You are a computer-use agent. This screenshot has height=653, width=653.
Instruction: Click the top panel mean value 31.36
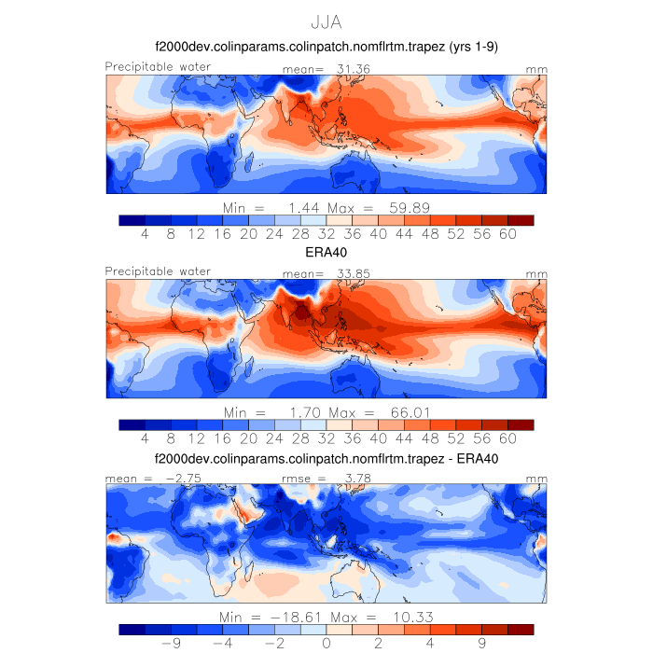click(x=345, y=69)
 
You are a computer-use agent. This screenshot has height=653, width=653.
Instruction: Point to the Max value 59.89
click(x=409, y=205)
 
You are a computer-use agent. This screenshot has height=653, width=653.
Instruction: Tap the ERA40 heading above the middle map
click(x=326, y=252)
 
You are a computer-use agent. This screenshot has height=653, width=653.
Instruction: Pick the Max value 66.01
click(x=409, y=410)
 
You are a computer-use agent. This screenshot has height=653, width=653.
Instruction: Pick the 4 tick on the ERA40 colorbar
click(x=146, y=438)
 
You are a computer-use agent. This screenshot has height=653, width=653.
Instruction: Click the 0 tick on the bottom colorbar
click(x=326, y=643)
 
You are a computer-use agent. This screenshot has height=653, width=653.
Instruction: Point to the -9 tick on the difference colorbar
click(x=171, y=643)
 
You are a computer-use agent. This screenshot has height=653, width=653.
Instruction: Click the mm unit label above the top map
click(x=536, y=69)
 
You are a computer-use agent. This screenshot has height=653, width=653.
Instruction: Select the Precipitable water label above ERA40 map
click(x=158, y=271)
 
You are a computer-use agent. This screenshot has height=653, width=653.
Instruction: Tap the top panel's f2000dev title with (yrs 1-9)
click(x=326, y=48)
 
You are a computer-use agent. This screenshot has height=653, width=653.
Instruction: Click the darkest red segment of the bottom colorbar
click(x=521, y=629)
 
